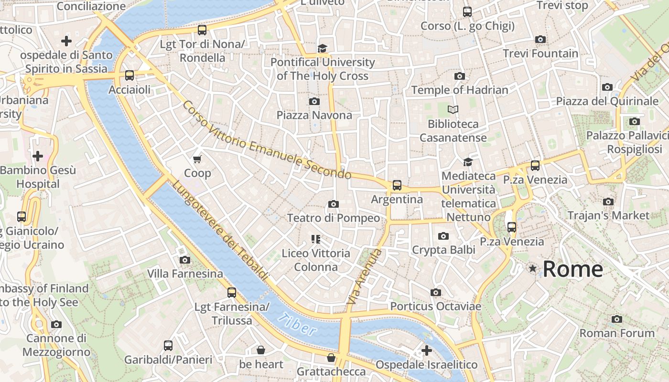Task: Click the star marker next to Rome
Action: pyautogui.click(x=533, y=269)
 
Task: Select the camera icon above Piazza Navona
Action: pyautogui.click(x=314, y=101)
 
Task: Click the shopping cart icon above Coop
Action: pyautogui.click(x=197, y=159)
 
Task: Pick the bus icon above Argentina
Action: pyautogui.click(x=397, y=185)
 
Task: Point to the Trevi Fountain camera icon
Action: pyautogui.click(x=540, y=39)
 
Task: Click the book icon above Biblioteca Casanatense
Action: pyautogui.click(x=453, y=110)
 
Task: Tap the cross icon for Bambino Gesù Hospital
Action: pyautogui.click(x=37, y=156)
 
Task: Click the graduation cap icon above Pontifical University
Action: pyautogui.click(x=322, y=48)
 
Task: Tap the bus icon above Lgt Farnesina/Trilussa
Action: pyautogui.click(x=232, y=292)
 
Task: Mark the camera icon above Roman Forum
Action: pyautogui.click(x=617, y=319)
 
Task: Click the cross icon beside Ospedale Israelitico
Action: pyautogui.click(x=426, y=350)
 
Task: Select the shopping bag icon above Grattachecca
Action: pyautogui.click(x=331, y=358)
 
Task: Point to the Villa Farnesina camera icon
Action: pyautogui.click(x=185, y=260)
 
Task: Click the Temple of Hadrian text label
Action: pyautogui.click(x=460, y=90)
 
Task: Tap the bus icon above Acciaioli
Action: pyautogui.click(x=129, y=75)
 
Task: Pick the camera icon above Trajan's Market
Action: pyautogui.click(x=608, y=202)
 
